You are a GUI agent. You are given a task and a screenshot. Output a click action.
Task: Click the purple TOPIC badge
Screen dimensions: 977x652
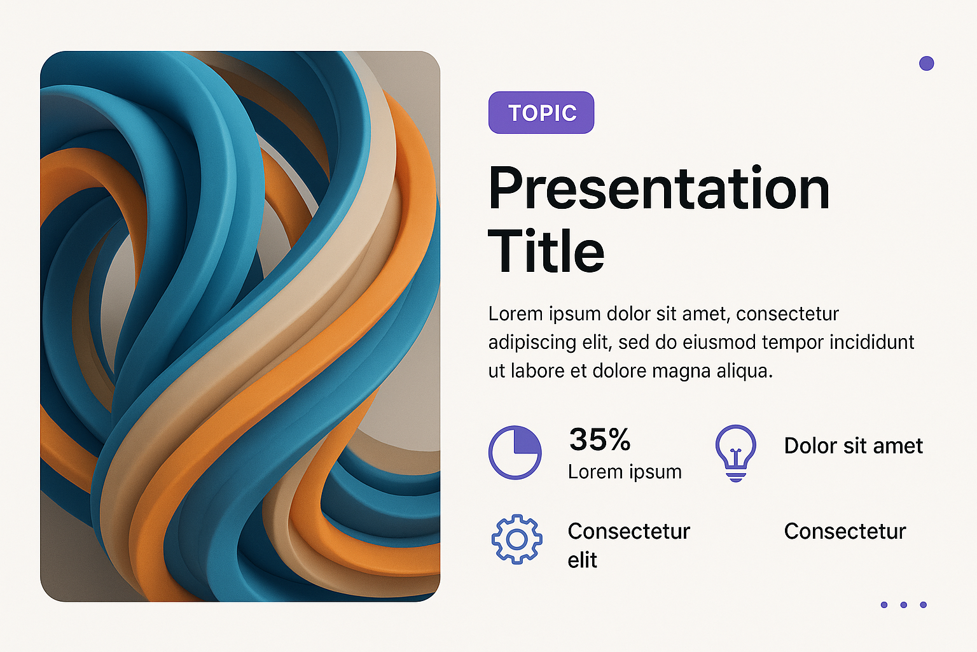tap(541, 112)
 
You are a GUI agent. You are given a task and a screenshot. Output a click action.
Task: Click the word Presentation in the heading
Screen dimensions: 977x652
tap(658, 188)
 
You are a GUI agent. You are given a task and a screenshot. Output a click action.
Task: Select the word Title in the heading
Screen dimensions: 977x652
tap(546, 251)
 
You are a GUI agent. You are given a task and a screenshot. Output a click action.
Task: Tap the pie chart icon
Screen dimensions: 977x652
tap(515, 453)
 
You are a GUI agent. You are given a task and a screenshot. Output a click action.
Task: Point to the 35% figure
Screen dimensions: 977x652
tap(600, 439)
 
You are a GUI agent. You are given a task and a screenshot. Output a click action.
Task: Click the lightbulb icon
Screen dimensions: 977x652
tap(736, 453)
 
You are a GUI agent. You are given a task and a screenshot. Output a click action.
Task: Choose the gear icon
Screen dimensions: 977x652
tap(517, 539)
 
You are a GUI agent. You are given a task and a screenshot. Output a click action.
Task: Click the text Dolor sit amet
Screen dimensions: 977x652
tap(854, 446)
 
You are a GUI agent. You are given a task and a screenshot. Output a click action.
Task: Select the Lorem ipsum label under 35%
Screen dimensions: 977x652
tap(625, 472)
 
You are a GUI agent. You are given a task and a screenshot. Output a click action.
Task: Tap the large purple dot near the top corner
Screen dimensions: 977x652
tap(926, 63)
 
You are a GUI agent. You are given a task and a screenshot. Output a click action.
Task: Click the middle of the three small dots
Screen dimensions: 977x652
tap(904, 605)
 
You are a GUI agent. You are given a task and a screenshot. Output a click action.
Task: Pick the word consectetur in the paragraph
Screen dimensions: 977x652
tap(787, 314)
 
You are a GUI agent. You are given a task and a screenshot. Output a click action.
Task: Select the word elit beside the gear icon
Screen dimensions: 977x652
tap(582, 560)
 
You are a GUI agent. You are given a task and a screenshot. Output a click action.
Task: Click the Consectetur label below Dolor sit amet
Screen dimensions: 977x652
tap(845, 532)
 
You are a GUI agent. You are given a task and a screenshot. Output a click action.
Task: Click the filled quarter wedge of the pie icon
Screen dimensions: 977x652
tap(527, 441)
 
